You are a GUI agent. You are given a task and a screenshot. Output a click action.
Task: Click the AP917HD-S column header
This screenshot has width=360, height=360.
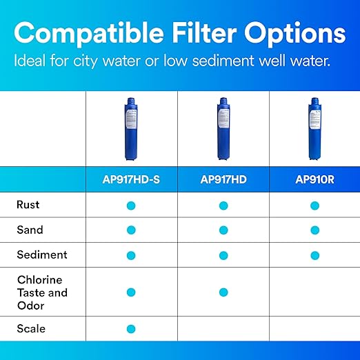point(131,180)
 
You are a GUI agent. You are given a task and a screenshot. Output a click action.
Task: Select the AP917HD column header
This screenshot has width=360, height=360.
point(223,180)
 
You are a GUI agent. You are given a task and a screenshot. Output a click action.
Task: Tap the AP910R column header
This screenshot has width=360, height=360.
point(314,180)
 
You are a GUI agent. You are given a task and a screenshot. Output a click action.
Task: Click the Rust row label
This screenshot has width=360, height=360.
point(28,205)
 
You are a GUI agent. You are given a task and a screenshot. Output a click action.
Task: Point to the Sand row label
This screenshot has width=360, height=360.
point(30,230)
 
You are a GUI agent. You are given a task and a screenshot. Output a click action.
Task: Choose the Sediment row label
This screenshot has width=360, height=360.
point(42,254)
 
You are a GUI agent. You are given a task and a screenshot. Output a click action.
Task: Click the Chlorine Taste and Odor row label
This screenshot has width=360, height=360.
point(42,292)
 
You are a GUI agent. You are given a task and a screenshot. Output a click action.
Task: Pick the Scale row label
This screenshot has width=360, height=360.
point(31,328)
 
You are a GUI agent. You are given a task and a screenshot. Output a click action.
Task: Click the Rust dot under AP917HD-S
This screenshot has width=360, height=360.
point(131,206)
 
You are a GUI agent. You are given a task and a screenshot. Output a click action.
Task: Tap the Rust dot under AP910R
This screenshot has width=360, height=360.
point(314,206)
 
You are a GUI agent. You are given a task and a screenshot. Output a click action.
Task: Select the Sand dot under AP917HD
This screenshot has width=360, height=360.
point(223,230)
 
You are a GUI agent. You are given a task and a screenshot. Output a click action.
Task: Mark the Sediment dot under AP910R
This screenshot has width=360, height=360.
point(314,255)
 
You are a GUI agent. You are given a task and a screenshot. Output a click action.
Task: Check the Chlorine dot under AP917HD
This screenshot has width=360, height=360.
point(223,292)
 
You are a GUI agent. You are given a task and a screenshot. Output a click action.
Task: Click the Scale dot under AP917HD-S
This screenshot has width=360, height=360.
point(131,329)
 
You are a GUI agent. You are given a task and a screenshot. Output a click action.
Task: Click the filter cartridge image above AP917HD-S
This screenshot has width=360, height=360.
point(131,129)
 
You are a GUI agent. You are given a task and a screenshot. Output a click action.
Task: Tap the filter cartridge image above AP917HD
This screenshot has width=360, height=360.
point(223,129)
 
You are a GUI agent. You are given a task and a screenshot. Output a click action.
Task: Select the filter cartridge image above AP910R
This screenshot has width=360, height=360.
point(314,129)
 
